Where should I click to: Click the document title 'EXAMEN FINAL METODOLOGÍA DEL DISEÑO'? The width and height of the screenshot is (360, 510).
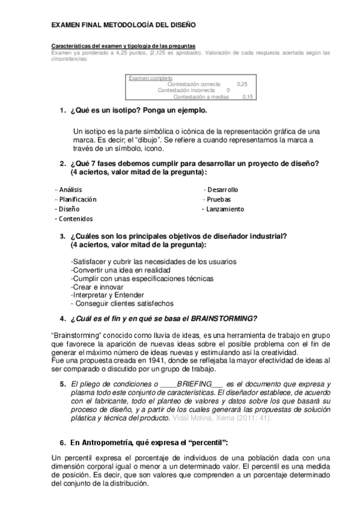[123, 26]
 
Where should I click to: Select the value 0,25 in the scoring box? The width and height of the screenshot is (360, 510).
[242, 84]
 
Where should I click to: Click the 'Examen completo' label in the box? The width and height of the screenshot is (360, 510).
[150, 78]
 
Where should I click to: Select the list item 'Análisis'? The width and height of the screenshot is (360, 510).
[70, 189]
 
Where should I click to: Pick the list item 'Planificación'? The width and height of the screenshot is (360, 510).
[76, 199]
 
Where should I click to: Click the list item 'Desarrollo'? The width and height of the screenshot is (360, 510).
[222, 189]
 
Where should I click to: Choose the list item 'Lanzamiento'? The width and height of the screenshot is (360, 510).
[225, 209]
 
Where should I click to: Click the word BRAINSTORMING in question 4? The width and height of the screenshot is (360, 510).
[225, 318]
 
